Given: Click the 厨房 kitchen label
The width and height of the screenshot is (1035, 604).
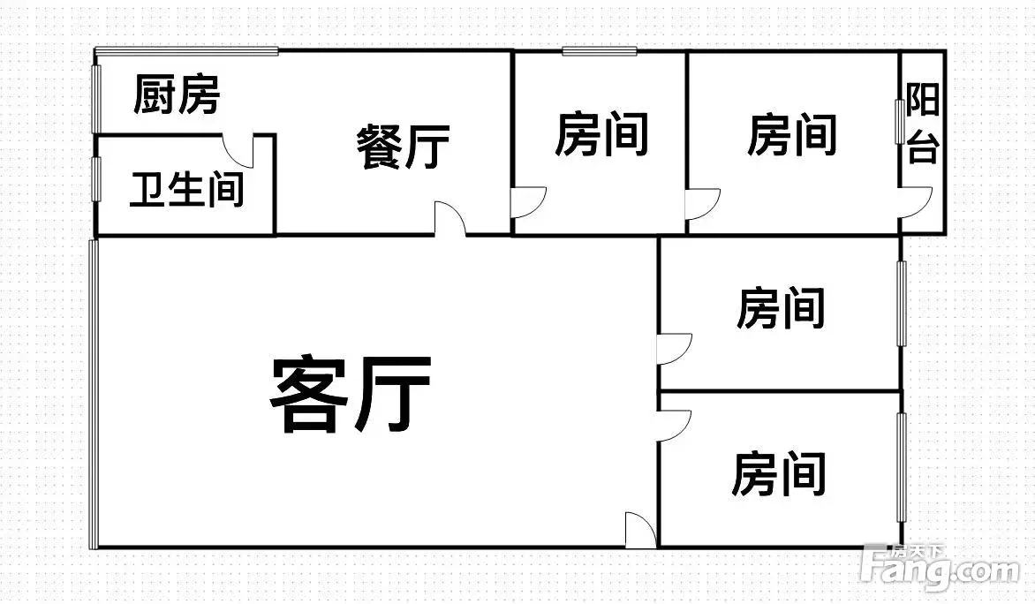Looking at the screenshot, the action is pos(177,94).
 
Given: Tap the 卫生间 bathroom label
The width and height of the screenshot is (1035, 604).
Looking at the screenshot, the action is pos(187,190).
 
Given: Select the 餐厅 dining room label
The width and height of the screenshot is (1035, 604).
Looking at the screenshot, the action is pos(404,147).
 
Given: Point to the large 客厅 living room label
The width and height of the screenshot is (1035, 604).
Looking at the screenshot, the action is pos(351,394).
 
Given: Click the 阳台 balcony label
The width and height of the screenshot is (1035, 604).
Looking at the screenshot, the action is pos(922,124).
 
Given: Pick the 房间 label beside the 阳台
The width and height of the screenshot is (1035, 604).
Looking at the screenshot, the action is pos(792,134).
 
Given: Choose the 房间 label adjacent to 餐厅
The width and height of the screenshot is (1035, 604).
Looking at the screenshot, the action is pos(601,134).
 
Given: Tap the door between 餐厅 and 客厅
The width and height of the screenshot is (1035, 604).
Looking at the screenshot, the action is pos(450,218).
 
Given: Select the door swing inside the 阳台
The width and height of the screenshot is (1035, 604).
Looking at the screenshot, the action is pos(916,202).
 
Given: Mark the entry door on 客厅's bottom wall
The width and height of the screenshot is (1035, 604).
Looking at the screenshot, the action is pos(641,529).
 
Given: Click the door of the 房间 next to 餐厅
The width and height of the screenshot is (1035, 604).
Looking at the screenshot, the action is pos(529,202).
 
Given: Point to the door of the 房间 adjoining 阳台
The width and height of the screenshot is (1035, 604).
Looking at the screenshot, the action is pos(703,203).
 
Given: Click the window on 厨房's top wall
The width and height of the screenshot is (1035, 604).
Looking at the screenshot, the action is pos(186,51).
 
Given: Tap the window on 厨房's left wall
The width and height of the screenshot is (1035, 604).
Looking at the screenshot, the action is pos(95,99).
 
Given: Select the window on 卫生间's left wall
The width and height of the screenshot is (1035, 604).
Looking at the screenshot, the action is pos(95,179).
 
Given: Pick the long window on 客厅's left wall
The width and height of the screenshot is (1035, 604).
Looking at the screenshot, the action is pos(94,394).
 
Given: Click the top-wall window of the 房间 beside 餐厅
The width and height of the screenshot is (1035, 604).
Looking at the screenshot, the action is pos(600,51).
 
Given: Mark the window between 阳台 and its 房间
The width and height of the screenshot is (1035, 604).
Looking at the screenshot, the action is pos(899,122).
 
